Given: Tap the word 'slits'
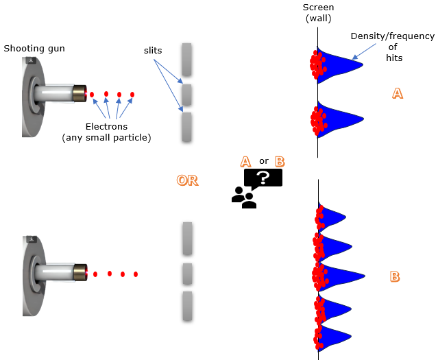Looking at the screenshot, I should point(153,50).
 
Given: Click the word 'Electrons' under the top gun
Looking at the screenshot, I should point(108,126).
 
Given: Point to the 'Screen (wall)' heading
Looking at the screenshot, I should point(318,12).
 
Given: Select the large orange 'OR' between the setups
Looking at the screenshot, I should point(187,180).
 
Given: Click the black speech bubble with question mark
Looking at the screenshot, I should point(263,178).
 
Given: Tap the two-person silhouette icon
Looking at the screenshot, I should point(243,197).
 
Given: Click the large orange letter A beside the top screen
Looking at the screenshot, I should point(396,94).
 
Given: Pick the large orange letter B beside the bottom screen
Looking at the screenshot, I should point(395,276).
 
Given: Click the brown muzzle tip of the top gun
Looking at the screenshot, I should point(81,93).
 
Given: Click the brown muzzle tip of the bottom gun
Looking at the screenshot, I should point(81,272).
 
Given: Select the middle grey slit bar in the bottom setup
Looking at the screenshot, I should point(186,273).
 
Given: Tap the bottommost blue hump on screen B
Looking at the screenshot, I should point(336,336).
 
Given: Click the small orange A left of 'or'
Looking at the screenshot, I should point(245,161).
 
